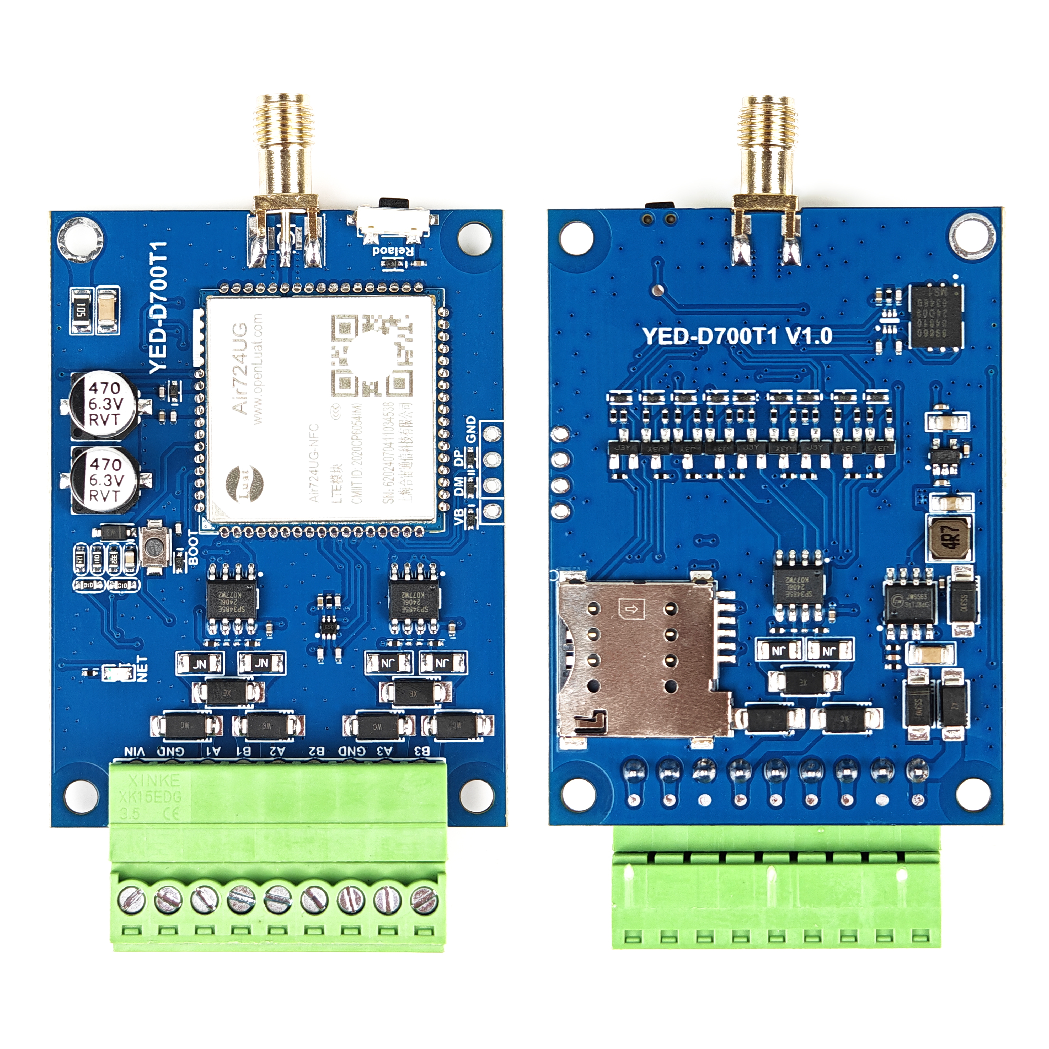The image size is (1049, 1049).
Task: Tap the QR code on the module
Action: pyautogui.click(x=372, y=356)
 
